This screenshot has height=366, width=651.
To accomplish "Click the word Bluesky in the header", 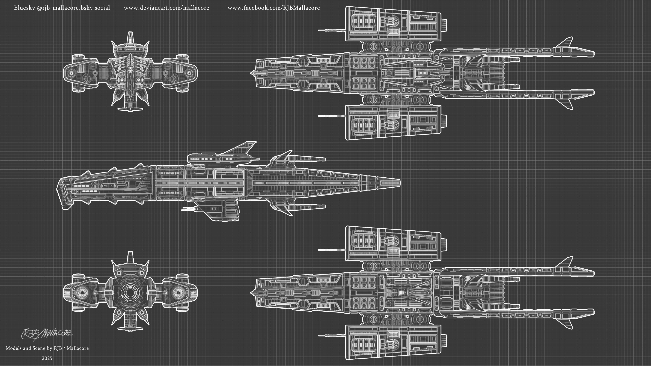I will click(x=25, y=8).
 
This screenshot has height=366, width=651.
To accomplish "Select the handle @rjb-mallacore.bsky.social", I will click(x=73, y=8).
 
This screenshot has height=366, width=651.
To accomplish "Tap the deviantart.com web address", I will click(x=166, y=8).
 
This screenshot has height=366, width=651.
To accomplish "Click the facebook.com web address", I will click(x=274, y=8).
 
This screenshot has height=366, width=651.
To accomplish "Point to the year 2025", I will click(x=47, y=358).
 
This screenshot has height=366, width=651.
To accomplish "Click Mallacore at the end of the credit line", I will click(x=78, y=348).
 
